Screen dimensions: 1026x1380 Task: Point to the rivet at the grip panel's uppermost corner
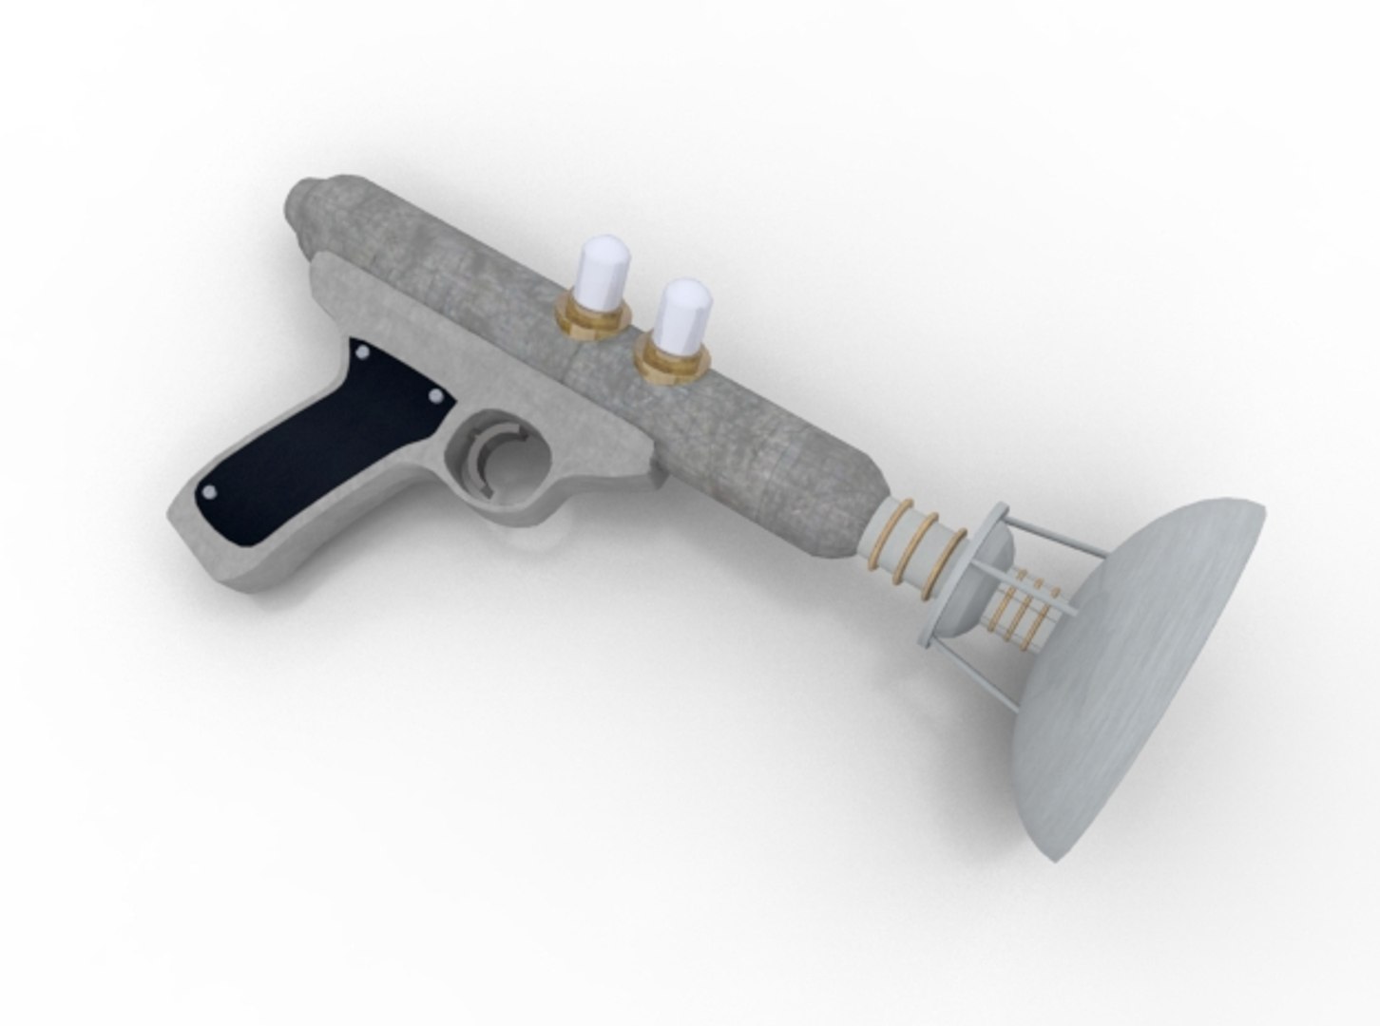[x=363, y=352]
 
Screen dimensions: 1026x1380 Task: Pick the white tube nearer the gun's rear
[x=604, y=274]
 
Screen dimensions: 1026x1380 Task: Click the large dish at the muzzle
[x=1150, y=665]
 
